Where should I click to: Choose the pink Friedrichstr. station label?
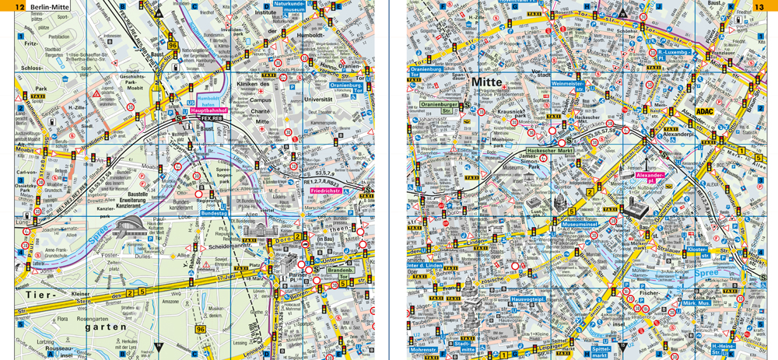click(327, 190)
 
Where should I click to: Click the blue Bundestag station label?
click(213, 213)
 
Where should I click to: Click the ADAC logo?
click(705, 111)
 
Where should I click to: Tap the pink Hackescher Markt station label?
click(549, 150)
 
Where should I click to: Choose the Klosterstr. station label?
click(699, 252)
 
